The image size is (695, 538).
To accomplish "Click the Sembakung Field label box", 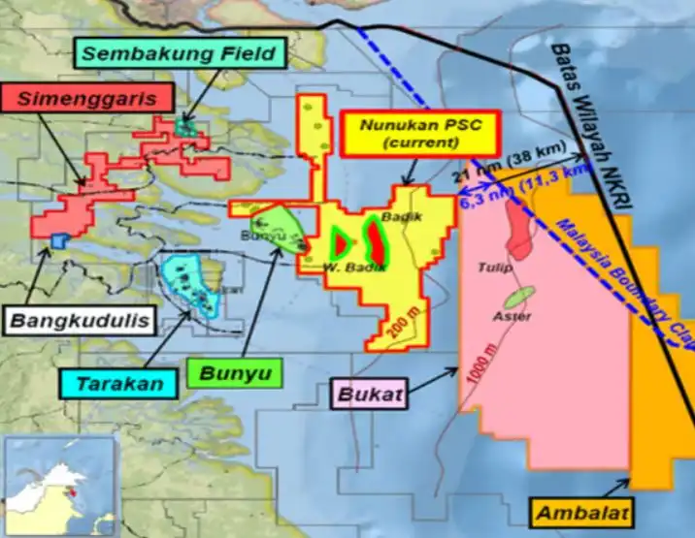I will click(x=179, y=52).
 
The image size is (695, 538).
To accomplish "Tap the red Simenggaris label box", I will click(x=86, y=97).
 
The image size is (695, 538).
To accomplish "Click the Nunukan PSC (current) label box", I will click(x=420, y=134).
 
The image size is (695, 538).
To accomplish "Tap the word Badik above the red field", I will click(x=402, y=216).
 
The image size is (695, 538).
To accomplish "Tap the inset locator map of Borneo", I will click(x=58, y=485).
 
